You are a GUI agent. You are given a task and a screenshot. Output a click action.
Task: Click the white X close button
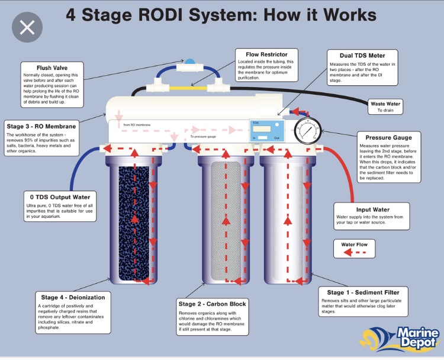(27, 27)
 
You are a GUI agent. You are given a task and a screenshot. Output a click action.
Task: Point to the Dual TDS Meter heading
(362, 56)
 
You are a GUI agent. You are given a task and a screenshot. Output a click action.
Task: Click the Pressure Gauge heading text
(388, 137)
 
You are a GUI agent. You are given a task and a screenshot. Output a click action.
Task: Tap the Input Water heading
(373, 210)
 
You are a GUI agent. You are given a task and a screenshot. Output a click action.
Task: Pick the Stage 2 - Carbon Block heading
(212, 304)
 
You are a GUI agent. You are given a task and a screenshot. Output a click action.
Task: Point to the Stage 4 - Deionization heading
(73, 297)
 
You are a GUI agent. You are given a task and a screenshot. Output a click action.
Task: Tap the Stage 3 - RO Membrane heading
(41, 127)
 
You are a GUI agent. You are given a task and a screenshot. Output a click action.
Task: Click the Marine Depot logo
(402, 337)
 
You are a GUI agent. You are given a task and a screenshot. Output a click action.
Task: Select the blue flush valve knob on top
(189, 62)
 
